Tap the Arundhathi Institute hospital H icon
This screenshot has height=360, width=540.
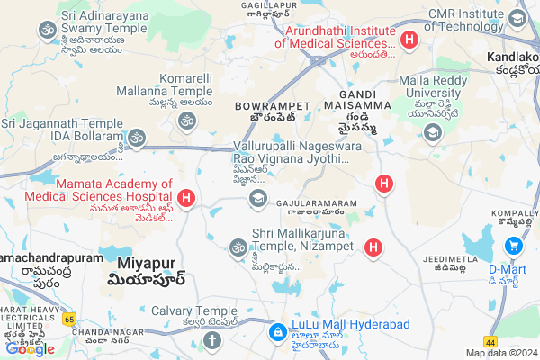[x=409, y=40]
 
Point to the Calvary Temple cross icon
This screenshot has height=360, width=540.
[x=211, y=340]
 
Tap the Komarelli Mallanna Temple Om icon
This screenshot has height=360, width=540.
[x=187, y=121]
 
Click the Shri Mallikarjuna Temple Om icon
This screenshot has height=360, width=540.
[x=238, y=246]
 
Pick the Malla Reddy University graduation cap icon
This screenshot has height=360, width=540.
[x=433, y=132]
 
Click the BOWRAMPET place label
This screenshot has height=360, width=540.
[x=260, y=106]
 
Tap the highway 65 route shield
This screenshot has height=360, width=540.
[x=68, y=319]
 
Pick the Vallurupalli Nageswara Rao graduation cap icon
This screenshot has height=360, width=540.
[x=258, y=198]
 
